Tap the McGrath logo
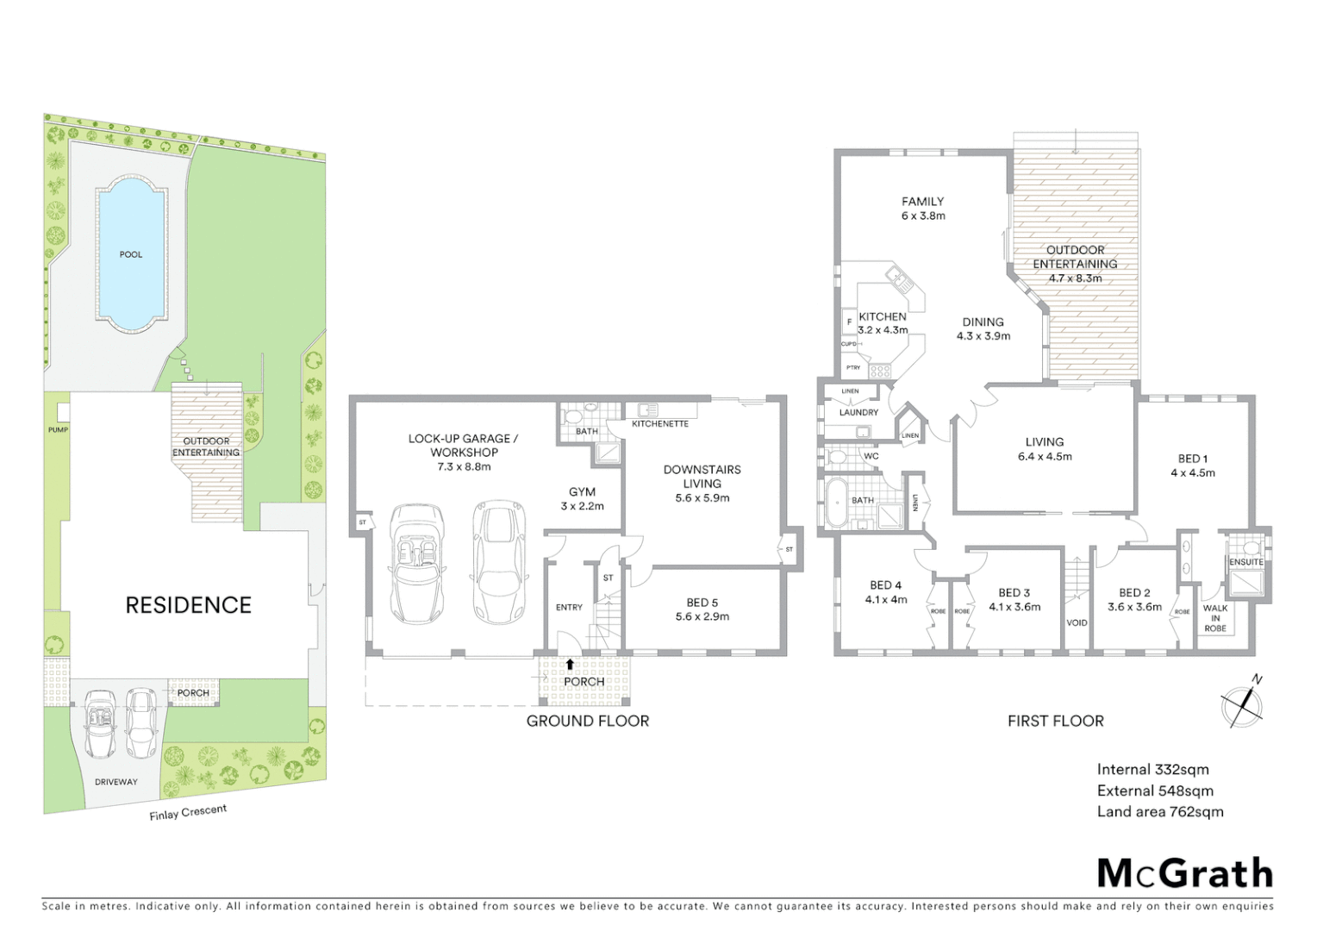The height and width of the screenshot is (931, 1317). [1184, 873]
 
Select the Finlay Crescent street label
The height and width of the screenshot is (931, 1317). [188, 812]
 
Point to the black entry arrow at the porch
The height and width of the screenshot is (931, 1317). [570, 664]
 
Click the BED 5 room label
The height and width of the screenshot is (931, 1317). [702, 609]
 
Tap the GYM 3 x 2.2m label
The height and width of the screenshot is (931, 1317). [582, 499]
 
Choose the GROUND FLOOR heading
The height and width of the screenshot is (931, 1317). [587, 721]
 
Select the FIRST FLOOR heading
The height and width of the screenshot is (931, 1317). [1055, 721]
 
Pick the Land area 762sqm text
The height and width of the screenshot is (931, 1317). [1159, 811]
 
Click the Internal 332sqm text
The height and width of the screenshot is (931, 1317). [1152, 769]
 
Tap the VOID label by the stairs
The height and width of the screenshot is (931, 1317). [1077, 622]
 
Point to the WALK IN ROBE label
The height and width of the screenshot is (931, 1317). [1215, 618]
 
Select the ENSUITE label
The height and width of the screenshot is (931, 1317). [1245, 562]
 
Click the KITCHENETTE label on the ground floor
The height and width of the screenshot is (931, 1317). [659, 424]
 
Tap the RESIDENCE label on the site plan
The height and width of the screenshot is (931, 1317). [188, 605]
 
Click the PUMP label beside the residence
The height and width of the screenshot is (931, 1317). [58, 429]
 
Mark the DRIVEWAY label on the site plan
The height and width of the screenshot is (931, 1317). [115, 782]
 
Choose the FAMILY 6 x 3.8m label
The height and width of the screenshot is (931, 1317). [922, 209]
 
